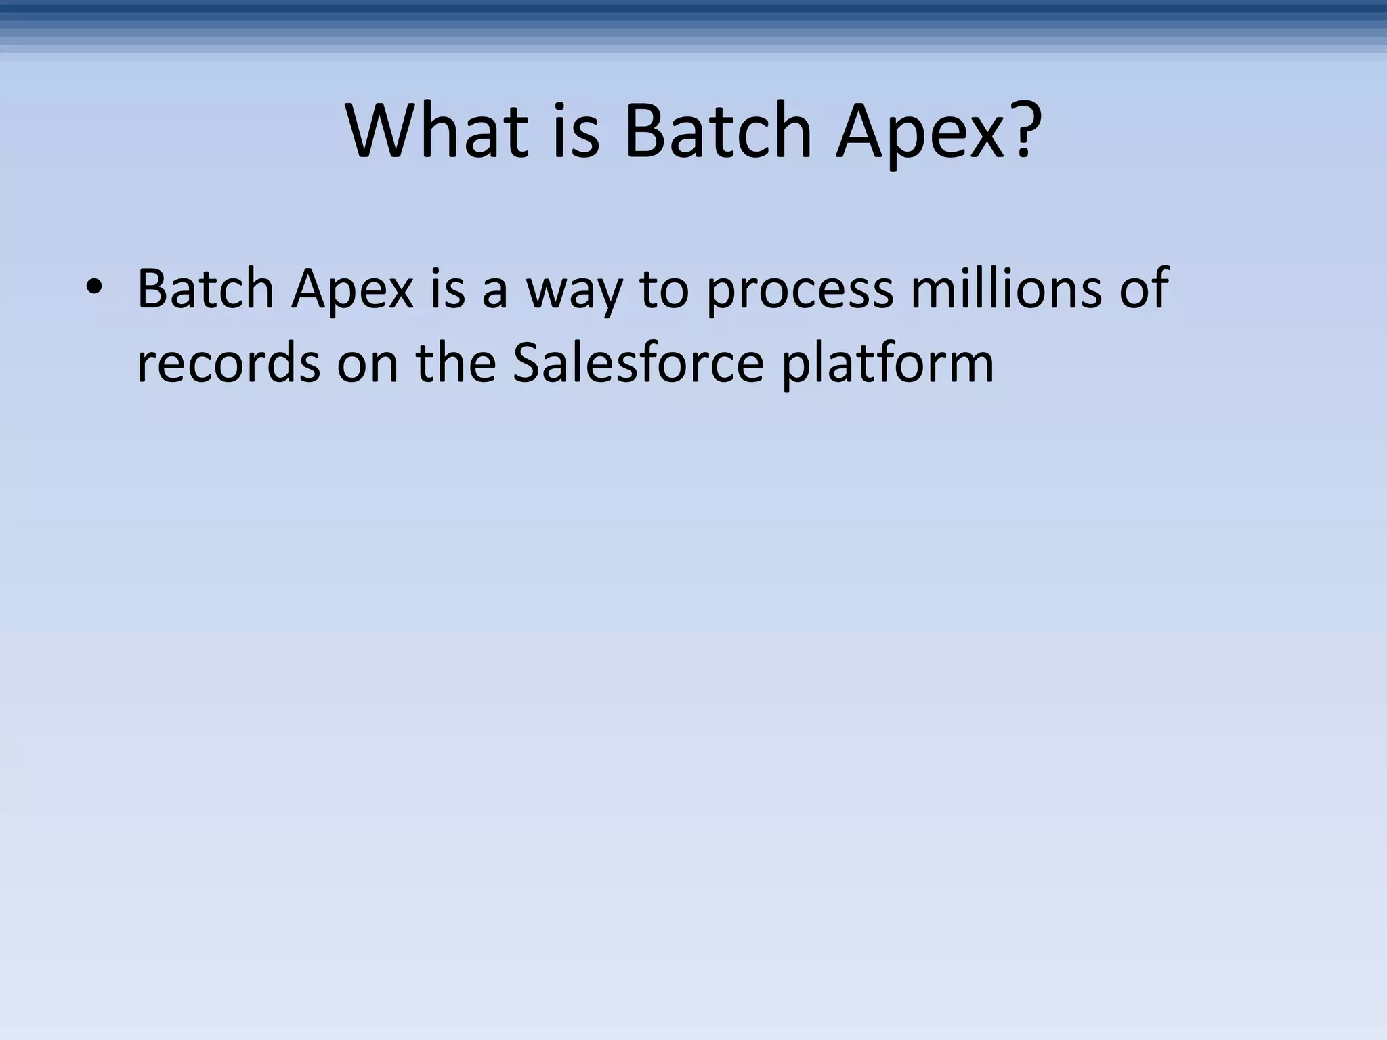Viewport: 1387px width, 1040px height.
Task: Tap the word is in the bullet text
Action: (447, 288)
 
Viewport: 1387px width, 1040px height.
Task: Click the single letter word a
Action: (494, 291)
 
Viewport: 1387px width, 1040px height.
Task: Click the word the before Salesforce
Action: (456, 363)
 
